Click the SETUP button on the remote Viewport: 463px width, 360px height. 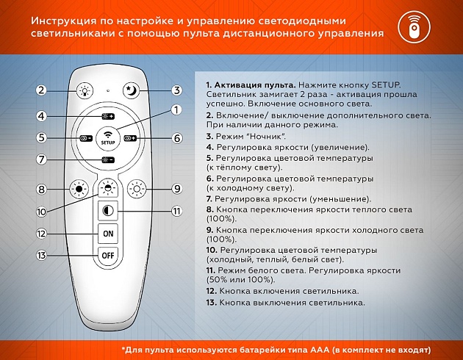click(x=109, y=137)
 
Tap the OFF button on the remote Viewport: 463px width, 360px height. click(x=109, y=256)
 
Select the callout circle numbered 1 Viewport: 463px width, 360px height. click(x=176, y=110)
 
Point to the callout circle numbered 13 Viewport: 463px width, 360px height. click(x=41, y=256)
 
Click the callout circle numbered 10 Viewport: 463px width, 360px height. click(x=41, y=211)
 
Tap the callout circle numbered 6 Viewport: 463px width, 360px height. click(x=176, y=138)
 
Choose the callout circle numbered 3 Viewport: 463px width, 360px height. click(x=176, y=90)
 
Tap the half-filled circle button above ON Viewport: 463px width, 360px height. click(x=109, y=212)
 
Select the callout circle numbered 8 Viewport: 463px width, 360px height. click(x=41, y=189)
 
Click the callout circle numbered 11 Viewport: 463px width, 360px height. click(x=176, y=212)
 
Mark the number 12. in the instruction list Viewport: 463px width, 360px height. click(x=213, y=291)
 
